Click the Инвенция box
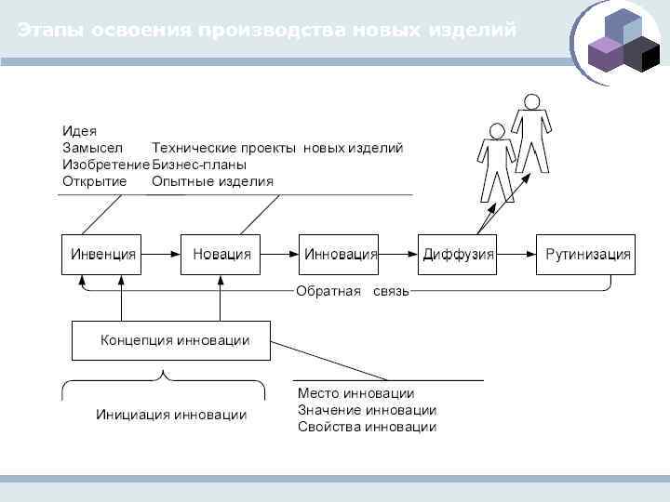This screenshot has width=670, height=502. [x=102, y=254]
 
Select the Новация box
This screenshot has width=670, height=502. [x=221, y=254]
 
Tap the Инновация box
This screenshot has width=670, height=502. [x=339, y=254]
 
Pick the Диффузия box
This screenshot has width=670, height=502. [x=458, y=254]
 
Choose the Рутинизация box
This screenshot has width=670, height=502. [x=586, y=254]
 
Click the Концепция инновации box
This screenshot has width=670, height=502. [x=172, y=340]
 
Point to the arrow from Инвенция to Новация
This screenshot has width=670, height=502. [x=161, y=254]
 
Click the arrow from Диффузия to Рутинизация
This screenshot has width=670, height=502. [x=516, y=254]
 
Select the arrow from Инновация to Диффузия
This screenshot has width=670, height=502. [x=397, y=254]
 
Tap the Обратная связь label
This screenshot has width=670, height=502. [x=352, y=292]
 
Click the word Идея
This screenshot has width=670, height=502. [x=79, y=131]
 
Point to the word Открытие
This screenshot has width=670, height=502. [x=94, y=181]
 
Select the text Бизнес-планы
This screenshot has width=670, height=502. [x=199, y=165]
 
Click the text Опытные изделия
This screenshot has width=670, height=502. [x=212, y=181]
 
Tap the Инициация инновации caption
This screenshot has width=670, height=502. [x=171, y=415]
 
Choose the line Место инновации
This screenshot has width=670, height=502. [x=355, y=394]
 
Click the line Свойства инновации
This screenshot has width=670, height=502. [x=367, y=428]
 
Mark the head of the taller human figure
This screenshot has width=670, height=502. [x=531, y=100]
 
